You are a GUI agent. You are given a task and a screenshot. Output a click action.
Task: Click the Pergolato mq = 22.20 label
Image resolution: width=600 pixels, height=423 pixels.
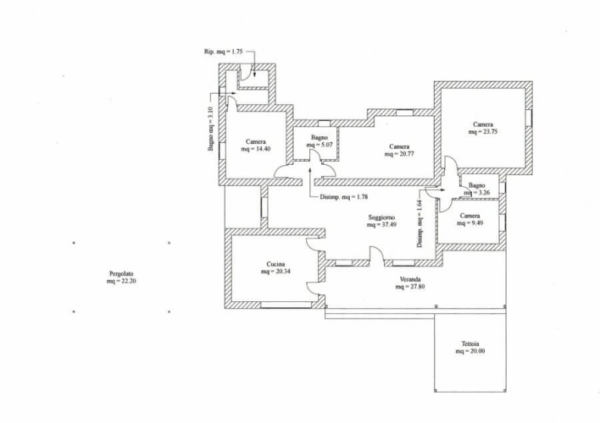(121, 277)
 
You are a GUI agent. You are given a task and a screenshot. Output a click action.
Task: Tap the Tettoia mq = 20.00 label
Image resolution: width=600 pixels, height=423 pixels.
(474, 348)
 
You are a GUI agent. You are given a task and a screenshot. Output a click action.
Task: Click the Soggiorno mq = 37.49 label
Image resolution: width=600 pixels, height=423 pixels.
(382, 222)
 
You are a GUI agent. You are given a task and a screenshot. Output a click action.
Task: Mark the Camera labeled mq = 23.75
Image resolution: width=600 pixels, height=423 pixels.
(483, 128)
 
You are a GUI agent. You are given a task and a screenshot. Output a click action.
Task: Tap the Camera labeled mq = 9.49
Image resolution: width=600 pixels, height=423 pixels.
(470, 221)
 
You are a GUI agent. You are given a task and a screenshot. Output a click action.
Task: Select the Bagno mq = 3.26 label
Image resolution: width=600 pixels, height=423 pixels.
(477, 190)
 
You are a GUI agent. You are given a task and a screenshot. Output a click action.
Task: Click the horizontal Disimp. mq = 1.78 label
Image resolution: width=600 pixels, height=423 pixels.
(343, 198)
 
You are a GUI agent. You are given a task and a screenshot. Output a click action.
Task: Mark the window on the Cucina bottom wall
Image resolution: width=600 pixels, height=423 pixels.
(281, 304)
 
